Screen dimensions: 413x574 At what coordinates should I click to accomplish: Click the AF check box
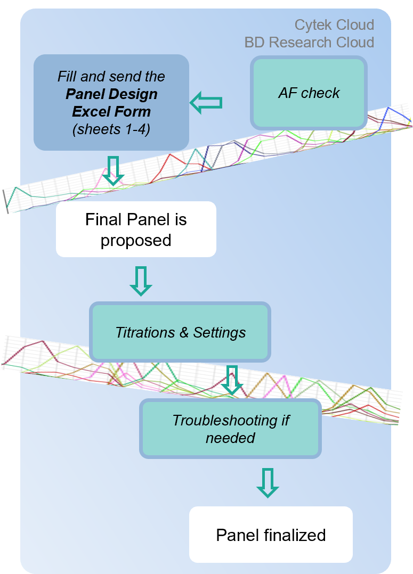(x=309, y=93)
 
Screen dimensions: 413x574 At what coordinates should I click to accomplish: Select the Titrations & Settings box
(x=180, y=332)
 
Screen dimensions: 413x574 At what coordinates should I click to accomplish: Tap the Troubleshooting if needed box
(x=231, y=429)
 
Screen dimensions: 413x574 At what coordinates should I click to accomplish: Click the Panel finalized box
(x=271, y=535)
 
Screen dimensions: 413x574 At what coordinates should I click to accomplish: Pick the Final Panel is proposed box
(x=136, y=229)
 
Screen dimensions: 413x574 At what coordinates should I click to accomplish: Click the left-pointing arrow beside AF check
(x=206, y=103)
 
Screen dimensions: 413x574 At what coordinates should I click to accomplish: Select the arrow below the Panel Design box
(x=113, y=171)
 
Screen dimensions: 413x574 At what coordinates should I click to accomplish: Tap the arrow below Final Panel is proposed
(x=141, y=281)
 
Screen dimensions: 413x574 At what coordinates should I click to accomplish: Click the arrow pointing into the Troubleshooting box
(x=232, y=380)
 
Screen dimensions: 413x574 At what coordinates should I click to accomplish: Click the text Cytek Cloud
(x=334, y=25)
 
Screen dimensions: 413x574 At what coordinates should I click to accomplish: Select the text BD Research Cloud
(x=309, y=43)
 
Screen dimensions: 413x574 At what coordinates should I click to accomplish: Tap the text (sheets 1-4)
(x=111, y=129)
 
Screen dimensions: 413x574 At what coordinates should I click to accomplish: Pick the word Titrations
(x=145, y=332)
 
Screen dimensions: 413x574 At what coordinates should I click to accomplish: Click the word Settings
(x=220, y=333)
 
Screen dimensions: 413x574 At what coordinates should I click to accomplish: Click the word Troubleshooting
(x=225, y=421)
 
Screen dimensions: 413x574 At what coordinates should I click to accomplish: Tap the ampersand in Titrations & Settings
(x=184, y=332)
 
